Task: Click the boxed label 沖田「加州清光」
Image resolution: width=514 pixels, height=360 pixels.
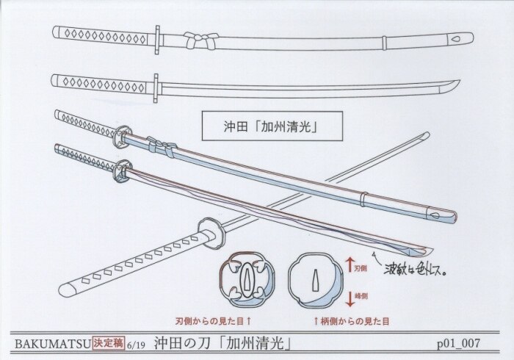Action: (264, 125)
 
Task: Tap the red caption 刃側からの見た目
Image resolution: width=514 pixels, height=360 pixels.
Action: (215, 321)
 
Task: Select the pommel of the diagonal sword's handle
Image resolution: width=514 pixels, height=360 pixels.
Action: (67, 285)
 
